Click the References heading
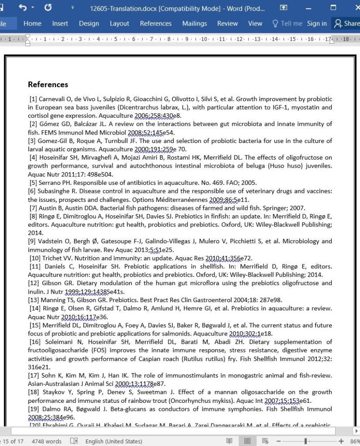click(48, 85)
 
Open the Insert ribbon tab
click(60, 24)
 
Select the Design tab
click(89, 24)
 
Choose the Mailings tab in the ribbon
click(194, 24)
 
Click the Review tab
click(227, 24)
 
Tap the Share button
click(346, 24)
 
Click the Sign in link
click(317, 24)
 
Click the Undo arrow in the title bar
click(23, 8)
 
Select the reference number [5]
click(33, 183)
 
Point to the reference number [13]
click(34, 300)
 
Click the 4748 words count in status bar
click(46, 442)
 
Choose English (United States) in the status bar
click(113, 442)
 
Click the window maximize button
click(333, 8)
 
